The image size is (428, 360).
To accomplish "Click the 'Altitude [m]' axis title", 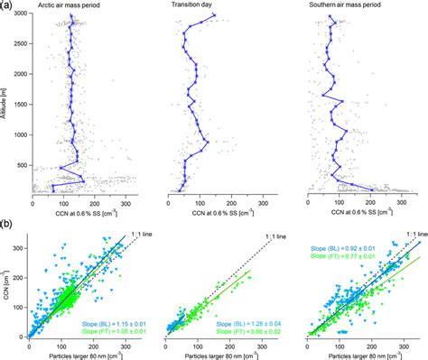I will (6, 104).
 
